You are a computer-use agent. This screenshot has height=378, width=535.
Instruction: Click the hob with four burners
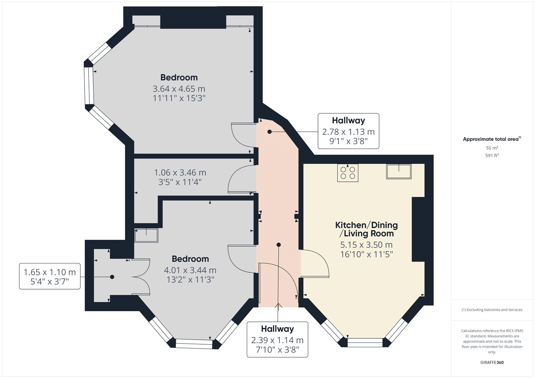pos(347,173)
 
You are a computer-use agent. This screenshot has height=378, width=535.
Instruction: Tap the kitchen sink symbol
pos(399,171)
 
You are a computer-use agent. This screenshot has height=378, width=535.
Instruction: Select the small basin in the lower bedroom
pos(146,235)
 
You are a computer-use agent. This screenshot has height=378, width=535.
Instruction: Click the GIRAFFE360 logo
pos(492,362)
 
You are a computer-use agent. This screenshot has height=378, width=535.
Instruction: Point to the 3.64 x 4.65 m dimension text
pos(179,89)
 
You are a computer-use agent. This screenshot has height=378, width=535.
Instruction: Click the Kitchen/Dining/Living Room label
pos(366,229)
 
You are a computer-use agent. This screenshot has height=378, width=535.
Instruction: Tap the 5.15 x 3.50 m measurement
pos(366,245)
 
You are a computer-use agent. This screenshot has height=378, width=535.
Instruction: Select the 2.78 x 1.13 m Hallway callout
pos(348,131)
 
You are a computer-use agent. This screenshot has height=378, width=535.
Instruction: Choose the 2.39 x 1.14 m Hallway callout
pos(277,340)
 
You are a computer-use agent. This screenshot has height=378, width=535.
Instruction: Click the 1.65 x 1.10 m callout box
pos(50,276)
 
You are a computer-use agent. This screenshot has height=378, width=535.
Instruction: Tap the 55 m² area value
pos(492,148)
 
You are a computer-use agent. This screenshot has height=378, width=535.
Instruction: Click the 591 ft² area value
pos(492,155)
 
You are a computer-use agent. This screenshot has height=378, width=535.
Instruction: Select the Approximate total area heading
pos(492,139)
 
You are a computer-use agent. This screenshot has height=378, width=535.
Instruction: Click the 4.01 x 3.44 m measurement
pos(190,270)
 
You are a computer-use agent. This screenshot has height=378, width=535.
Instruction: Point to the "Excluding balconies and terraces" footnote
pos(492,310)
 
